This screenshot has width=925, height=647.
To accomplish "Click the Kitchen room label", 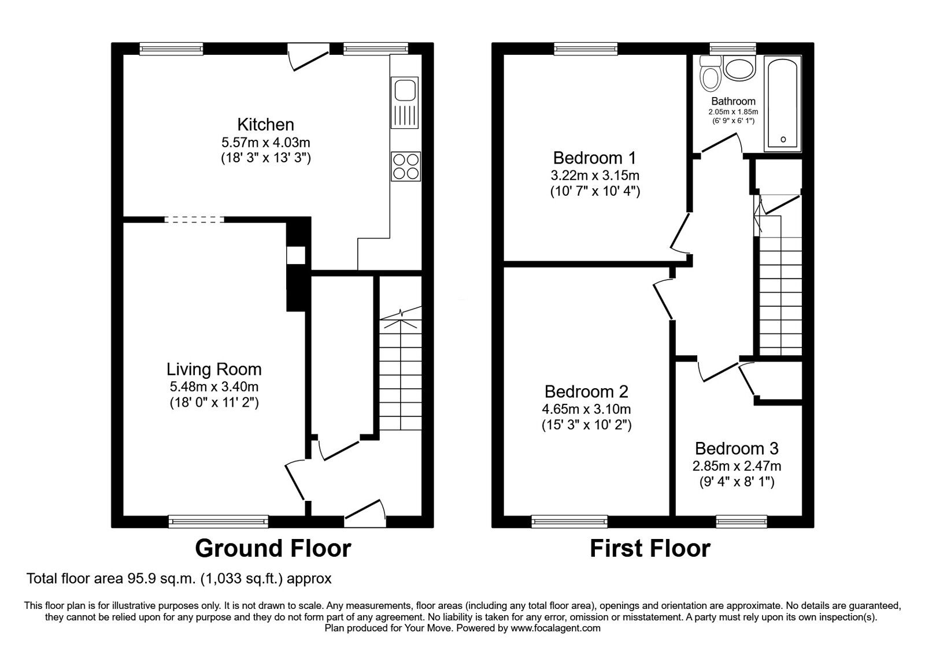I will (x=265, y=124).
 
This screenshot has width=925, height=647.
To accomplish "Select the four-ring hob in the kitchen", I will (x=405, y=166).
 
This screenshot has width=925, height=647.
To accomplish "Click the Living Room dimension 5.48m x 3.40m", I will (x=214, y=386).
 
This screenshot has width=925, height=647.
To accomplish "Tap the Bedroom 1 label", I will (x=594, y=158).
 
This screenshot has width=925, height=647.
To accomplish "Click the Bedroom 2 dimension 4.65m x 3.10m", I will (x=586, y=409).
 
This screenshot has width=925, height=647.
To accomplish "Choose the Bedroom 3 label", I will (x=736, y=448).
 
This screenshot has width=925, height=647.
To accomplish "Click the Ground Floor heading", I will (x=272, y=548).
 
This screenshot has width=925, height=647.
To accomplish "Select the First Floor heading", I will (x=650, y=548).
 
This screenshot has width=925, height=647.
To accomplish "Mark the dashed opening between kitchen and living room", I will (x=194, y=220).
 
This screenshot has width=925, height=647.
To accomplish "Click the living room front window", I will (x=219, y=522).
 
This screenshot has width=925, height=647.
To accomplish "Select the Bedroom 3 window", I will (x=742, y=522).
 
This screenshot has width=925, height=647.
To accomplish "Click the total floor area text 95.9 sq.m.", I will (x=179, y=578).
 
